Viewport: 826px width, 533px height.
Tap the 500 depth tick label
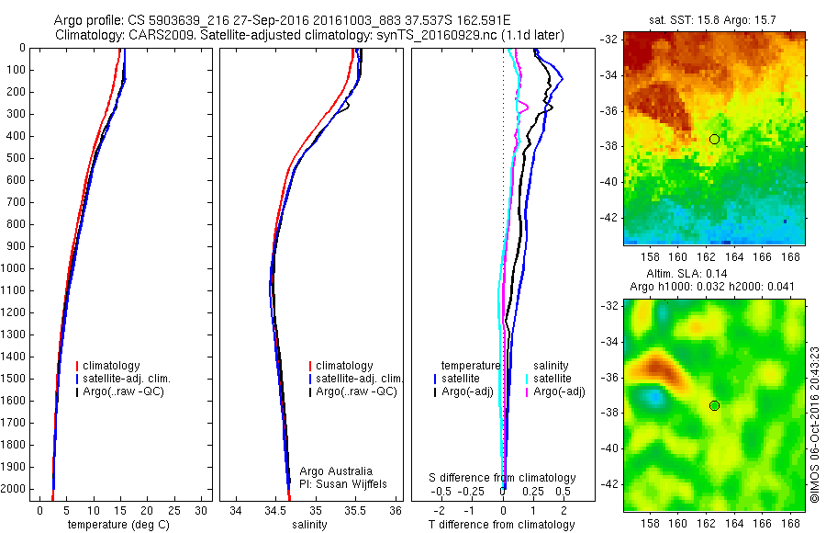pyautogui.click(x=17, y=158)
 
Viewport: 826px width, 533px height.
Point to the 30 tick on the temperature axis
pyautogui.click(x=201, y=509)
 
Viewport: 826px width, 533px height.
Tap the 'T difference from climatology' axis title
pyautogui.click(x=503, y=525)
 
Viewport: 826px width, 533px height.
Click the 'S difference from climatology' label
pyautogui.click(x=503, y=478)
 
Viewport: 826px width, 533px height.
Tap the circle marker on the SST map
pyautogui.click(x=714, y=139)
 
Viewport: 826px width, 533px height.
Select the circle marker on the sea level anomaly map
pyautogui.click(x=714, y=405)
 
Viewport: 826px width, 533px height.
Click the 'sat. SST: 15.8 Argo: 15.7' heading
pyautogui.click(x=714, y=19)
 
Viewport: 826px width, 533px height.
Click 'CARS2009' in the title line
pyautogui.click(x=150, y=35)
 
